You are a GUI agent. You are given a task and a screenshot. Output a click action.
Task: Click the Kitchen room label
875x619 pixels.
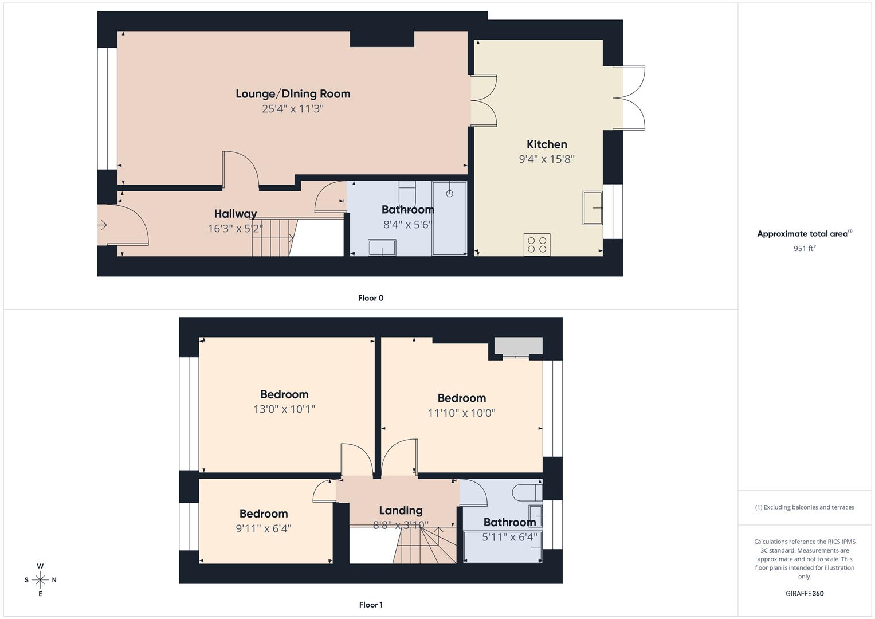click(x=547, y=144)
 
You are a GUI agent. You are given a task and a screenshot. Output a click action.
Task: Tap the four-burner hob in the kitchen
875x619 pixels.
click(x=537, y=245)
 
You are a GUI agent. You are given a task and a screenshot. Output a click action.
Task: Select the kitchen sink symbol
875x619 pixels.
click(x=593, y=207)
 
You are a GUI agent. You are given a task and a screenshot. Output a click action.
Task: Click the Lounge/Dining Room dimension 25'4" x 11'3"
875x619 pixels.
click(x=293, y=109)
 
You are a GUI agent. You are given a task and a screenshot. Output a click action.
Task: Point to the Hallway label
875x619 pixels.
click(x=236, y=214)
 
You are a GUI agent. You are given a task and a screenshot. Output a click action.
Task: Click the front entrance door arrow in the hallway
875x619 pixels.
click(x=103, y=225)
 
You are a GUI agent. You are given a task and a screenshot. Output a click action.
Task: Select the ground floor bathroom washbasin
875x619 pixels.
click(x=382, y=248)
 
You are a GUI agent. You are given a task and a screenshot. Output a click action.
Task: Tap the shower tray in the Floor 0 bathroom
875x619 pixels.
click(x=449, y=218)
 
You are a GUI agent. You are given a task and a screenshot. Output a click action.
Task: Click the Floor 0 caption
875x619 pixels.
click(x=371, y=298)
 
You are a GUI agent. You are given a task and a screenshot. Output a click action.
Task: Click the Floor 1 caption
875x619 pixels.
click(x=371, y=605)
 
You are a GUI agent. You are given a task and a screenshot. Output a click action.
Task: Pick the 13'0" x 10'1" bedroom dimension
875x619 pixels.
click(x=284, y=409)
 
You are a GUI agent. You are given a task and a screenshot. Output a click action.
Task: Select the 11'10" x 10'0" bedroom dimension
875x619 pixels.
click(x=461, y=413)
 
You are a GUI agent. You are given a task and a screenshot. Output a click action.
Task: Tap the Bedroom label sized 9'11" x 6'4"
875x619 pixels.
click(x=264, y=514)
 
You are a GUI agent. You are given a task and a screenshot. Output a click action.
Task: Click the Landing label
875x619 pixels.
click(x=401, y=510)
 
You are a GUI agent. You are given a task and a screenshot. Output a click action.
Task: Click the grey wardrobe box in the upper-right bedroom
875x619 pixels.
click(x=519, y=346)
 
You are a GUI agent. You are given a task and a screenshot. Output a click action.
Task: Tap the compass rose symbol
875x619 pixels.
click(x=40, y=579)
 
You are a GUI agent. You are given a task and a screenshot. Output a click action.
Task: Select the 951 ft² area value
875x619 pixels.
click(x=805, y=249)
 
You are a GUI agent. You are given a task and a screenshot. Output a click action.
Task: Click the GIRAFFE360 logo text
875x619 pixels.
click(x=805, y=593)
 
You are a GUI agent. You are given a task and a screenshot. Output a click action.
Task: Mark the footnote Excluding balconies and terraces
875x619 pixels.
click(x=805, y=507)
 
